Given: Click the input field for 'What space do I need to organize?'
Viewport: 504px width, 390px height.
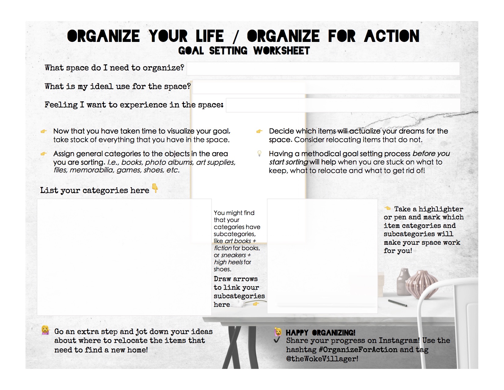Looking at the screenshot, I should pyautogui.click(x=323, y=69).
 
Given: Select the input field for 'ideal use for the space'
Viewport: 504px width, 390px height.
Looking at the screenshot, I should pyautogui.click(x=326, y=87).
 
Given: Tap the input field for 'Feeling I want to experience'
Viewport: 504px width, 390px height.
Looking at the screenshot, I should pyautogui.click(x=343, y=105).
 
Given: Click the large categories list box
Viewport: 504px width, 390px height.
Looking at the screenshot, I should pyautogui.click(x=124, y=257).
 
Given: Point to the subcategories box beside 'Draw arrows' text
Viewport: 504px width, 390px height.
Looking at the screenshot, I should pyautogui.click(x=322, y=256).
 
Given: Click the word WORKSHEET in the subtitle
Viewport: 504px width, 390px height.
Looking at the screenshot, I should pyautogui.click(x=281, y=51).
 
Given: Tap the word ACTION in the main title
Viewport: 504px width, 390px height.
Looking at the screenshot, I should pyautogui.click(x=392, y=36).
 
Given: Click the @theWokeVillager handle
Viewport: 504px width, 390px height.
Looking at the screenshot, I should pyautogui.click(x=322, y=359).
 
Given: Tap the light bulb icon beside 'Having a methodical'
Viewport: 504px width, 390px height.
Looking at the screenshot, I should pyautogui.click(x=259, y=153).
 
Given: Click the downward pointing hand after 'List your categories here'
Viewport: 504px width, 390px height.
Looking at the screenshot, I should pyautogui.click(x=155, y=188).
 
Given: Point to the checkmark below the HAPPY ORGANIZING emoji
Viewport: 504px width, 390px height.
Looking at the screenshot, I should pyautogui.click(x=277, y=340).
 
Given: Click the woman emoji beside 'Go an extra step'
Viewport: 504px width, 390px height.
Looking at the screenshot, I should pyautogui.click(x=45, y=330).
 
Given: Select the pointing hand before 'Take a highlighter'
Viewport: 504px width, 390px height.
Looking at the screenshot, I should pyautogui.click(x=387, y=208).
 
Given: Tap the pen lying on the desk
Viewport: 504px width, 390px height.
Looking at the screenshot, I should pyautogui.click(x=397, y=303).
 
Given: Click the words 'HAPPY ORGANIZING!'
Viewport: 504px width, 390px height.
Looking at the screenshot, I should pyautogui.click(x=320, y=332).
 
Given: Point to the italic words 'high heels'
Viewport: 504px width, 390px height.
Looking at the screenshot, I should pyautogui.click(x=228, y=262).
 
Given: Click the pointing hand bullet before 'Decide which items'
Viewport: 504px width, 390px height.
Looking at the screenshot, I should pyautogui.click(x=259, y=131).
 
